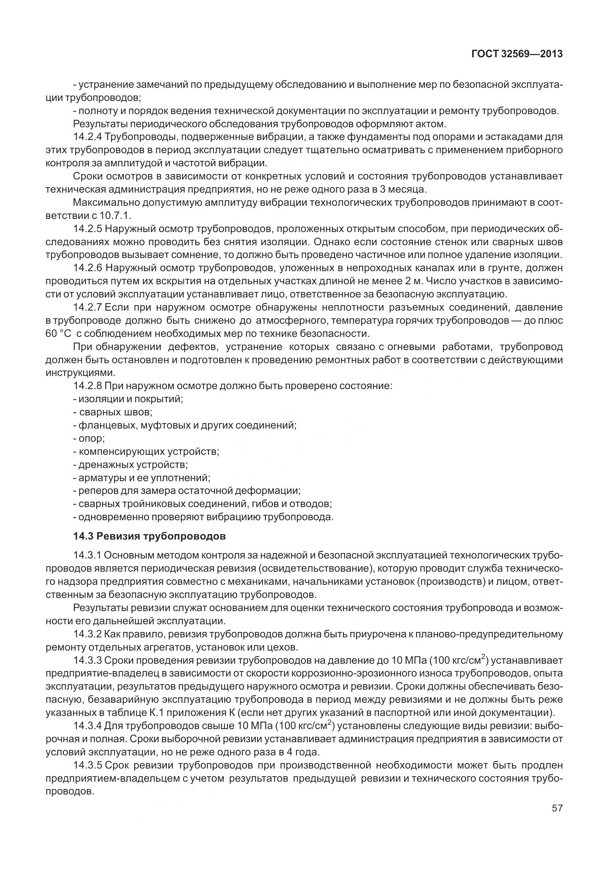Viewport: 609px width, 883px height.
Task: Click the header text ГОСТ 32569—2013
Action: point(517,54)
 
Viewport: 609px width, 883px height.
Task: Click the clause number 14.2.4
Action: point(87,137)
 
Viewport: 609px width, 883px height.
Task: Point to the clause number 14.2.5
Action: point(87,229)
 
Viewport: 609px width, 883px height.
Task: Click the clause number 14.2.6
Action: point(87,268)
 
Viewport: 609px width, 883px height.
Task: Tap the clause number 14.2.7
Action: point(87,307)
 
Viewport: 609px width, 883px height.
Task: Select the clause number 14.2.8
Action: point(87,386)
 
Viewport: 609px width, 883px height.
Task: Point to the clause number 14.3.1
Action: point(87,556)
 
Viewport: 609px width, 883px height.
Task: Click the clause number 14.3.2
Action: point(87,634)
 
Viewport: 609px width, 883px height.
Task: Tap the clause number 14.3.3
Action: point(87,660)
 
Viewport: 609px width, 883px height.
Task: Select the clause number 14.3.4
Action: point(87,726)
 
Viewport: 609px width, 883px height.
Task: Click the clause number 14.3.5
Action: point(87,765)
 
